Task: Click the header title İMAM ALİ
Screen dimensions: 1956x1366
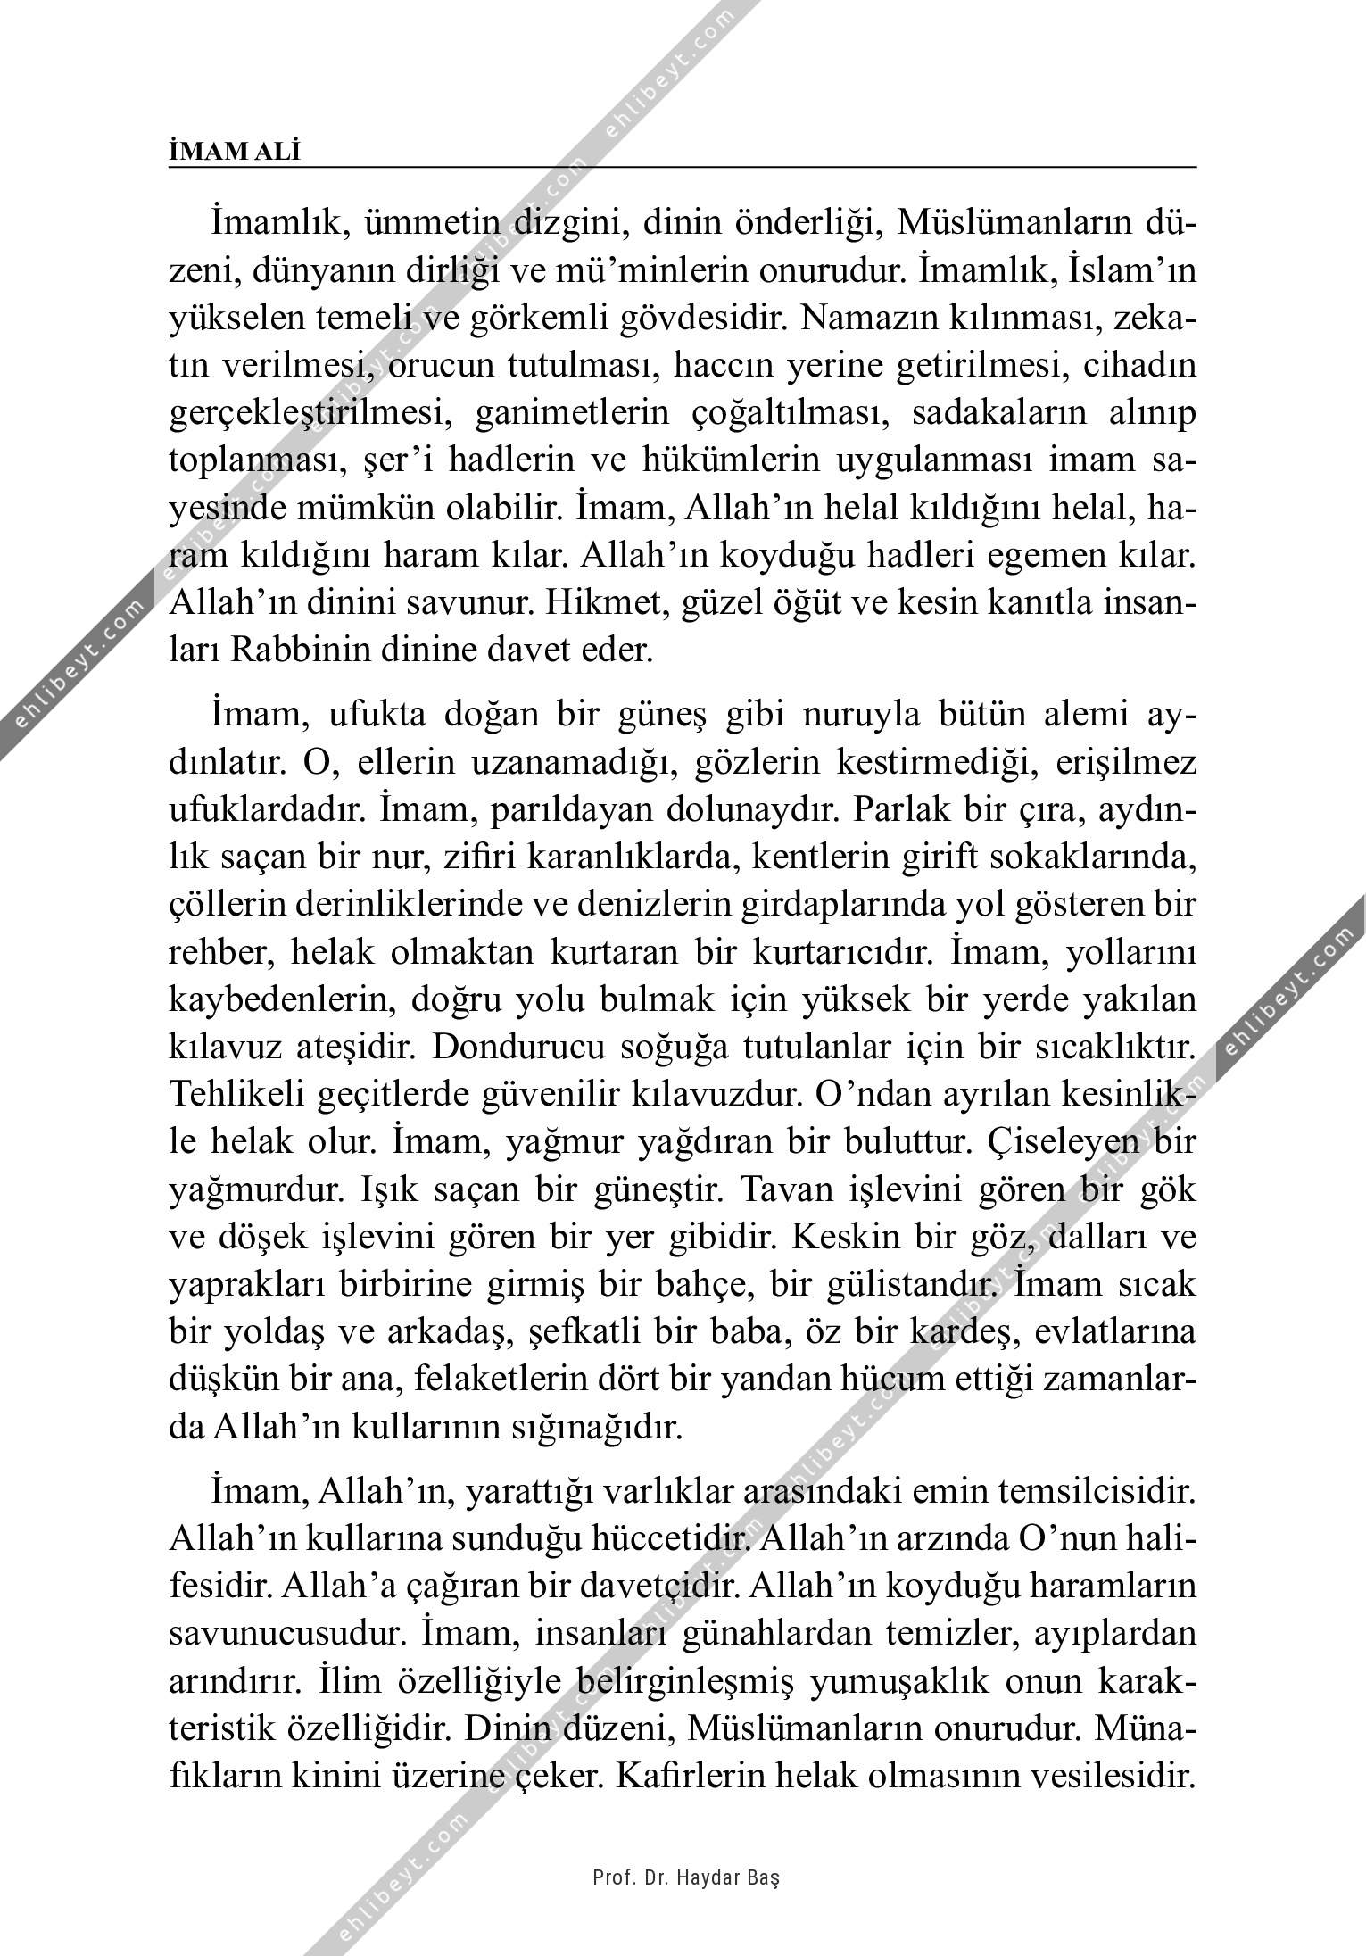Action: coord(235,152)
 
